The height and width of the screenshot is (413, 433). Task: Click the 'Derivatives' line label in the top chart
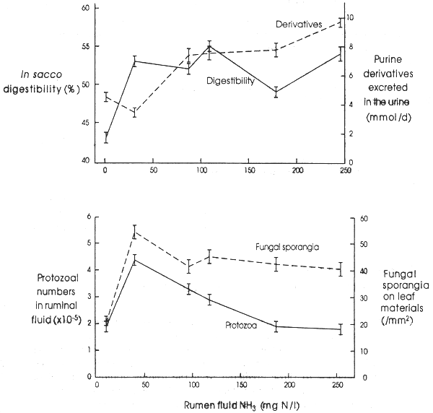tap(299, 25)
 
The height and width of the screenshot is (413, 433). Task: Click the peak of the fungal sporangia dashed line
tap(134, 232)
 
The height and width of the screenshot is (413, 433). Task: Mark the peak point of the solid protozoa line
tap(134, 260)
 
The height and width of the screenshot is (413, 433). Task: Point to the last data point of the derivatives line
tap(341, 22)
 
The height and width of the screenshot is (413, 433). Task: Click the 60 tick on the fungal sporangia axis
tap(364, 217)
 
